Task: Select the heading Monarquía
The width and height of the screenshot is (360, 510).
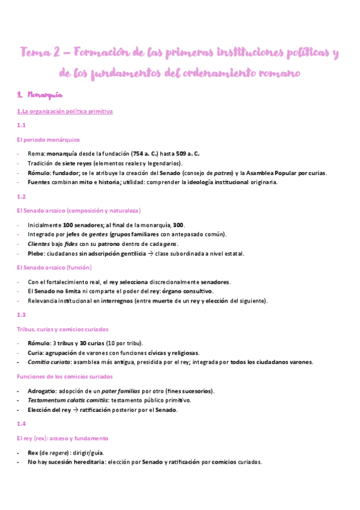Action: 53,95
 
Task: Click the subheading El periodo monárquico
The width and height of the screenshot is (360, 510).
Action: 48,140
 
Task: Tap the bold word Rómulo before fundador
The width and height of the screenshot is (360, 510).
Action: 39,173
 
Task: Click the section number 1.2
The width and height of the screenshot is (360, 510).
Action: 21,196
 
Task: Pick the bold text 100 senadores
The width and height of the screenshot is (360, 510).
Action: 84,225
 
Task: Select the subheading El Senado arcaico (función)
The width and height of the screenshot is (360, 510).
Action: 55,267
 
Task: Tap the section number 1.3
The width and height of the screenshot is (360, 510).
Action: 21,315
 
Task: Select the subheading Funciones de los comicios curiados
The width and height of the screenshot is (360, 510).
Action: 65,376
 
